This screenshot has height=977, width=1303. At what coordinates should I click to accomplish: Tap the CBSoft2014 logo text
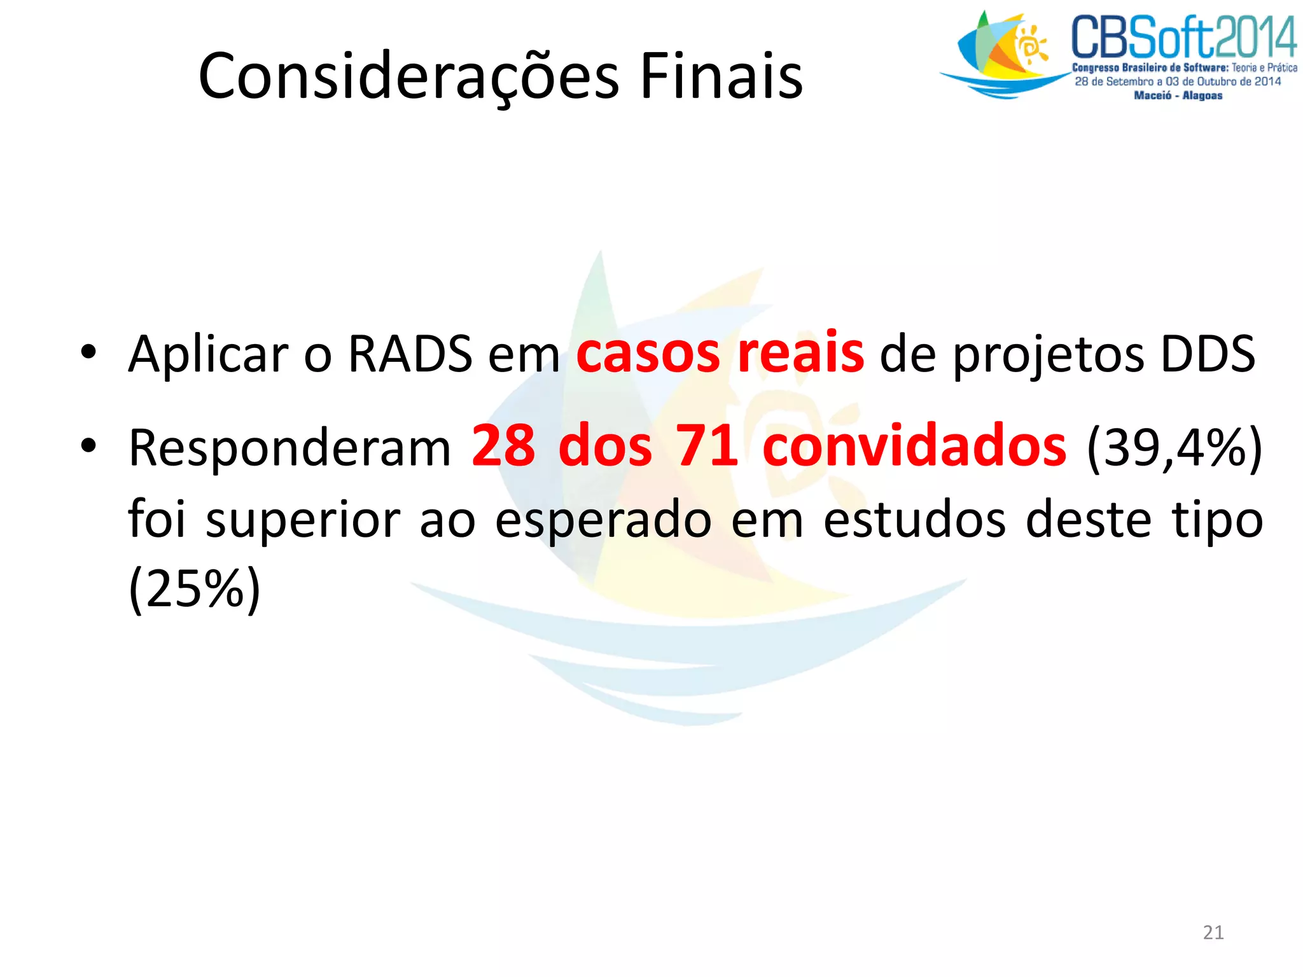point(1183,38)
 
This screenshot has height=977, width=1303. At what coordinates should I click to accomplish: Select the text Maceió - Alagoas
point(1178,95)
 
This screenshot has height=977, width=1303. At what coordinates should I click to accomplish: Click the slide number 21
point(1213,932)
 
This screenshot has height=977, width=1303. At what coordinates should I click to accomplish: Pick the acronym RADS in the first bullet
point(410,354)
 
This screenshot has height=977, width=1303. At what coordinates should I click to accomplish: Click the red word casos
point(648,354)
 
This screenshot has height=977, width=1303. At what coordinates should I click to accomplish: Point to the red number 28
point(503,447)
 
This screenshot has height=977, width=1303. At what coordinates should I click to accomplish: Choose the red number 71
point(707,447)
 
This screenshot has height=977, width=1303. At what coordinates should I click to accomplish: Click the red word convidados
point(914,447)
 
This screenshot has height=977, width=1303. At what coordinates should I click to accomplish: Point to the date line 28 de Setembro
point(1178,81)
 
